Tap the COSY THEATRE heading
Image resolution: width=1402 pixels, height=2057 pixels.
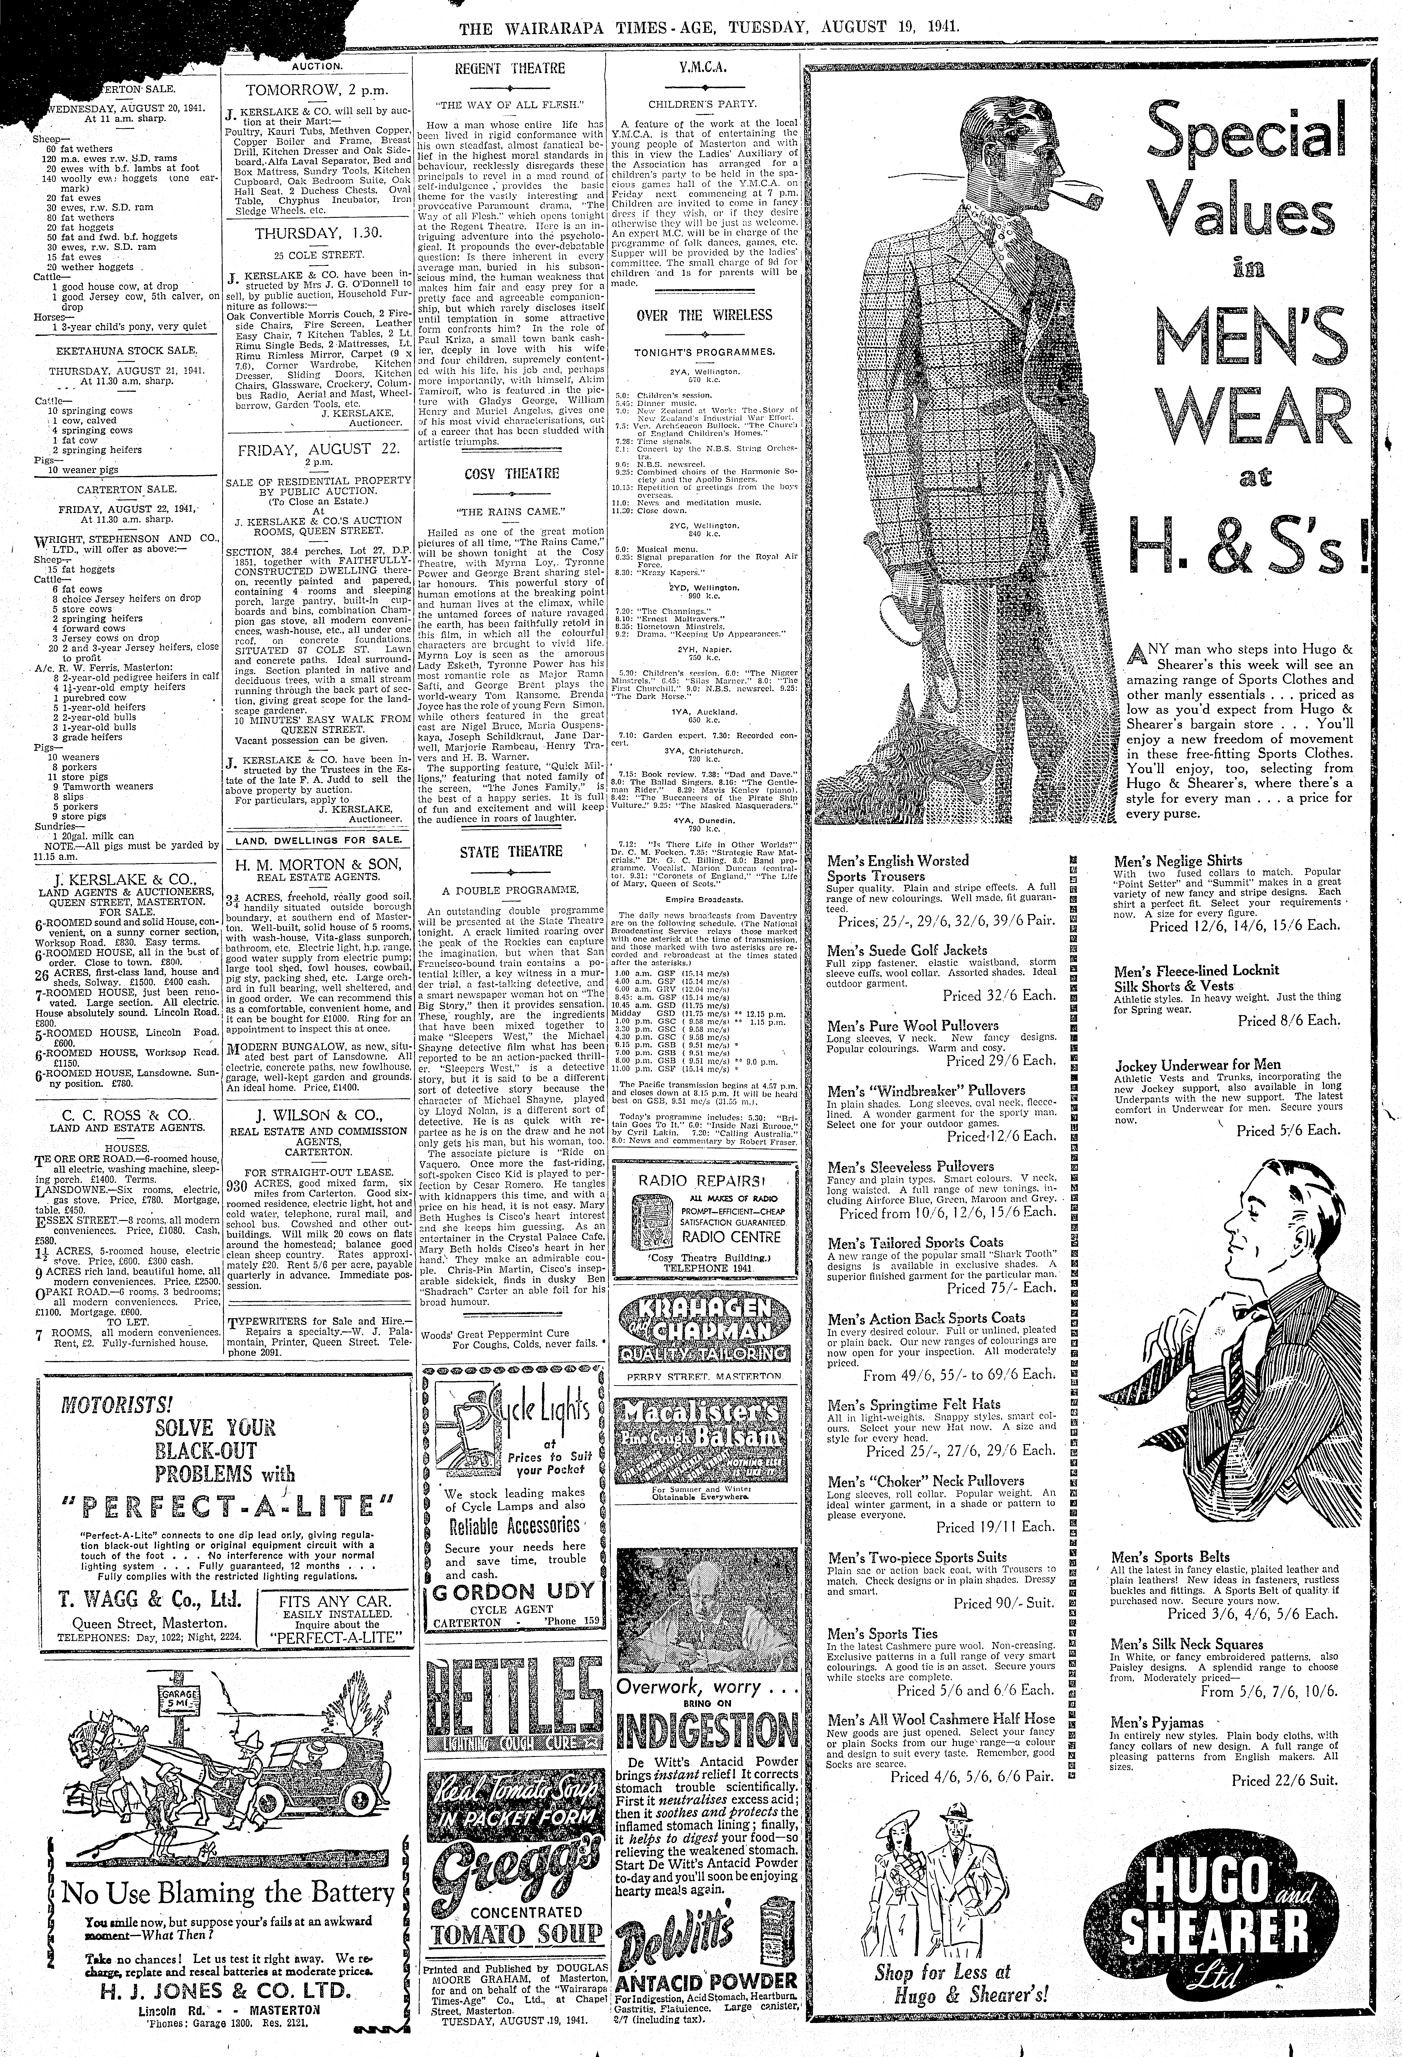509,474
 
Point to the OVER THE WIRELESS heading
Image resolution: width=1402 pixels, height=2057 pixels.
704,315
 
